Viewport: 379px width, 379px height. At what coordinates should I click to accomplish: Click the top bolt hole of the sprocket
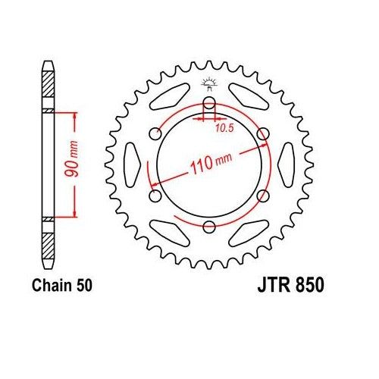210,103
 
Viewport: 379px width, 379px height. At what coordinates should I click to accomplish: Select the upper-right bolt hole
264,134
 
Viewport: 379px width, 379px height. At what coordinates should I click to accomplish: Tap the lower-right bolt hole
264,196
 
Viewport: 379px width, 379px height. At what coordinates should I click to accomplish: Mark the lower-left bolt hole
156,196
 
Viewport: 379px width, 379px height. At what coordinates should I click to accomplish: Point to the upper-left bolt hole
156,134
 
